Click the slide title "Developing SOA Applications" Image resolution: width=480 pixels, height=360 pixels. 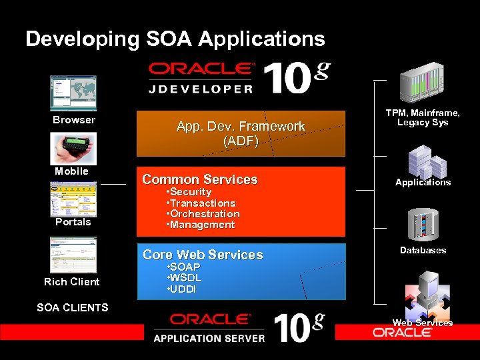[x=175, y=39]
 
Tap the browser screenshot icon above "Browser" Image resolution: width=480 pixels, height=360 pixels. [x=73, y=93]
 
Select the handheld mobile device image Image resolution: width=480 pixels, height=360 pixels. [x=73, y=148]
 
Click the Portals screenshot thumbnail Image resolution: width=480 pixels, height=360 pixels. [x=73, y=198]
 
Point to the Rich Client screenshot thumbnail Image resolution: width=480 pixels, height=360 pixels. [x=73, y=255]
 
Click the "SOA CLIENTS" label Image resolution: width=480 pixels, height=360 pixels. [x=72, y=307]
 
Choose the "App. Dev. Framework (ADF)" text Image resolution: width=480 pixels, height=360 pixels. [x=241, y=133]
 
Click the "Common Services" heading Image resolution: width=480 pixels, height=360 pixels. [x=200, y=179]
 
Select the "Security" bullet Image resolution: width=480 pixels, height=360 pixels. [x=191, y=192]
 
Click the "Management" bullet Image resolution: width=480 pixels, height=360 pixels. [x=202, y=225]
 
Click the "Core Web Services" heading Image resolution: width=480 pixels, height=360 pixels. [x=203, y=255]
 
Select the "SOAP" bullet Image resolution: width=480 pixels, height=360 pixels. [x=186, y=267]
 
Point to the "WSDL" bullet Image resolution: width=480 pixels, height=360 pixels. [x=186, y=277]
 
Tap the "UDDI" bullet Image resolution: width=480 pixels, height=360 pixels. [x=185, y=289]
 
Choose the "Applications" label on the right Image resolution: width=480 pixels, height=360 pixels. [x=423, y=182]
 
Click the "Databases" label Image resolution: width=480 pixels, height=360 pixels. [x=423, y=250]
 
